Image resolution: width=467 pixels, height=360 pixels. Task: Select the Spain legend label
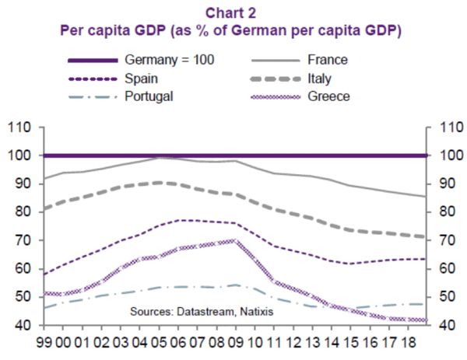142,78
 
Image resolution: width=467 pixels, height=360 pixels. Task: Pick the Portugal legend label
149,96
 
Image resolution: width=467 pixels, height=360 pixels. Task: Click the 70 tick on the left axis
21,240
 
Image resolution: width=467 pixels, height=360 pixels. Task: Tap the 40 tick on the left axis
21,325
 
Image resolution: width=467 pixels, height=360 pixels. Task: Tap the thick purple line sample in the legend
93,59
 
